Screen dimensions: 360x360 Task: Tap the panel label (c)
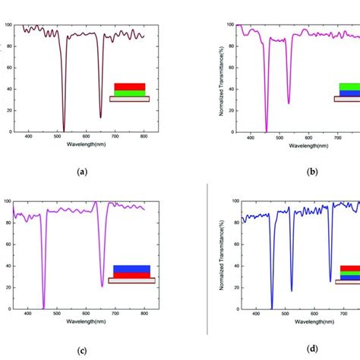pos(83,350)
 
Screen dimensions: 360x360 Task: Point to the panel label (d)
pos(312,350)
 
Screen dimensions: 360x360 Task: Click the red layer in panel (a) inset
pos(129,87)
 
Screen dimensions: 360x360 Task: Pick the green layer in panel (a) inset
pos(129,93)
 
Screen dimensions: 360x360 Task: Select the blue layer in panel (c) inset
pos(131,269)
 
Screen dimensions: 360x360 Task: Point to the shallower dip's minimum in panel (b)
pos(289,103)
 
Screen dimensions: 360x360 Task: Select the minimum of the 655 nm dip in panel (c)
pos(102,286)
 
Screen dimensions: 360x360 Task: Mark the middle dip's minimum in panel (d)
pos(292,290)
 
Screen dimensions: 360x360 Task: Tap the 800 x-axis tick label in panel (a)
pos(144,136)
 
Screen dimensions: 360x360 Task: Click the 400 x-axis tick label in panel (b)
pos(254,136)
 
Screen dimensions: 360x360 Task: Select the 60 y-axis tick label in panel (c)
pos(8,245)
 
